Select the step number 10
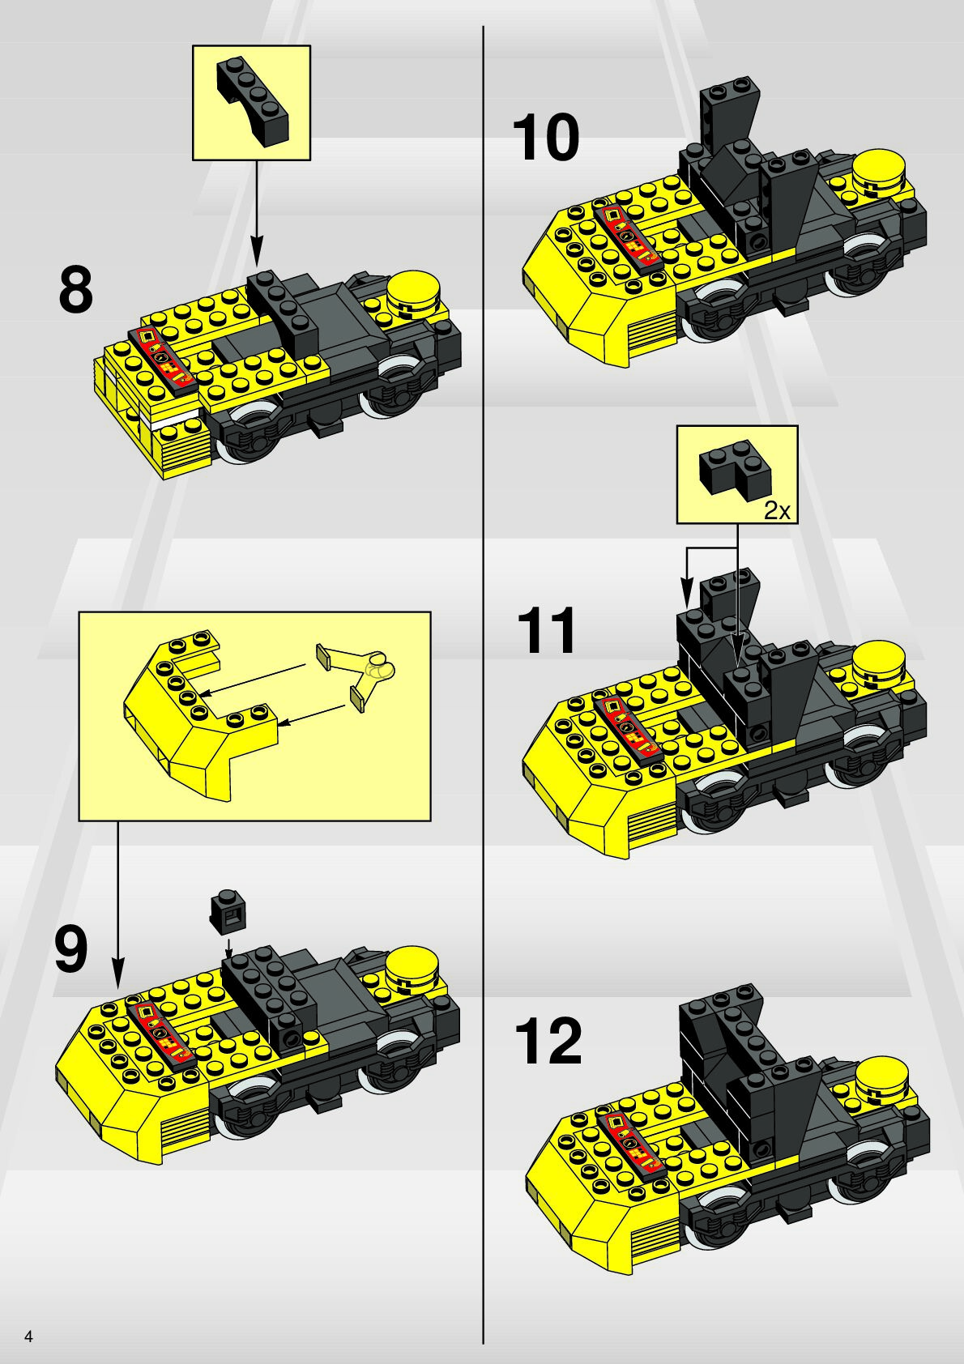point(546,139)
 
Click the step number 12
point(548,1042)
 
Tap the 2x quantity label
point(777,511)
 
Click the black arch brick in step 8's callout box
point(252,101)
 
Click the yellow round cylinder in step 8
point(413,292)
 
